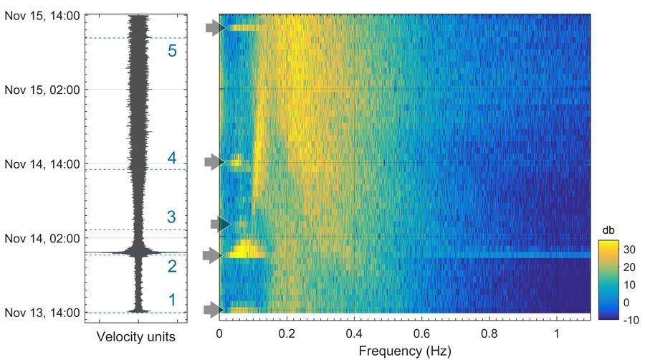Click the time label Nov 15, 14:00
(42, 15)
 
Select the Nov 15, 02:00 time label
(42, 90)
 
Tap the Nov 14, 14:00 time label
(42, 164)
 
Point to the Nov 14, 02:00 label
(42, 238)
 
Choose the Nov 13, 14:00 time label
(42, 312)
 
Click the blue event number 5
(171, 51)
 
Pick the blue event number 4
(172, 158)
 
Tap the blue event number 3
(171, 217)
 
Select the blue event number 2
(171, 267)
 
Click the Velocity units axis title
(135, 336)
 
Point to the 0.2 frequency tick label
(287, 333)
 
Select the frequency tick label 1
(557, 333)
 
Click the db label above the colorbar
(608, 229)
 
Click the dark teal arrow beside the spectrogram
(219, 224)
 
